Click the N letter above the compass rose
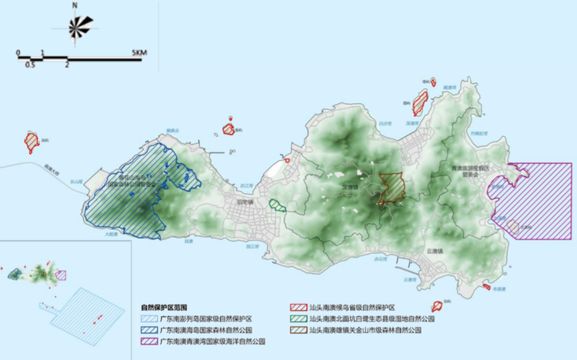75,6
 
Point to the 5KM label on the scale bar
138,52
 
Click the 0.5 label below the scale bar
29,65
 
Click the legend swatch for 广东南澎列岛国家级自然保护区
147,318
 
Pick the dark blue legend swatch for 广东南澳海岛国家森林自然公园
147,328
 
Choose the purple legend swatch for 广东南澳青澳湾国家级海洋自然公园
147,339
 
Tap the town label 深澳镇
350,185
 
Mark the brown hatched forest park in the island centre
393,187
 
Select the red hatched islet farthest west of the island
32,141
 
